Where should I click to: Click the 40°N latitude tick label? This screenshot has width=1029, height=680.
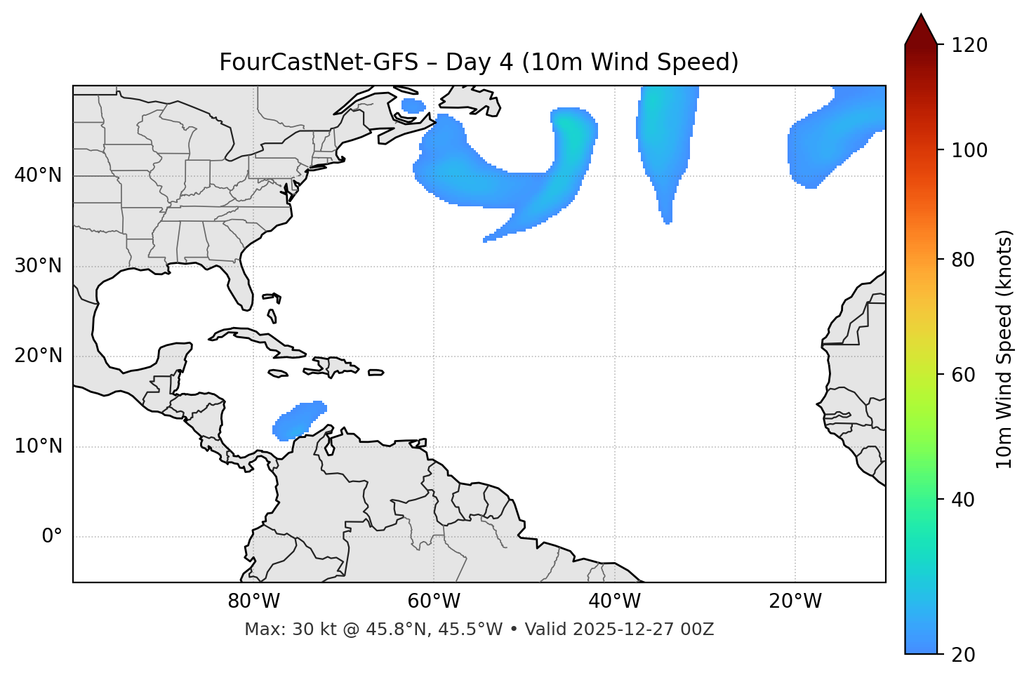click(38, 175)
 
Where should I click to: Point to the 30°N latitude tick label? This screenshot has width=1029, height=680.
click(38, 266)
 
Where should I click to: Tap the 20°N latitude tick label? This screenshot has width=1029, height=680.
click(38, 356)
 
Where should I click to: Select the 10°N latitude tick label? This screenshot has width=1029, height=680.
click(38, 446)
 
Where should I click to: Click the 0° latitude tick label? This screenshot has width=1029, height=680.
click(52, 537)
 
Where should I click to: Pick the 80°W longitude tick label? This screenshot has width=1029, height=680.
click(253, 601)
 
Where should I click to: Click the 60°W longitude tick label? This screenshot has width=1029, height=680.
click(434, 601)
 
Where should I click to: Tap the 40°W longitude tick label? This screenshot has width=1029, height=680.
click(614, 601)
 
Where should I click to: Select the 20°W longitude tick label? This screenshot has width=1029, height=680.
click(795, 601)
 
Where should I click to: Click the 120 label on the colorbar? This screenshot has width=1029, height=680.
click(969, 46)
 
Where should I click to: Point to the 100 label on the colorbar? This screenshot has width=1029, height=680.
click(969, 150)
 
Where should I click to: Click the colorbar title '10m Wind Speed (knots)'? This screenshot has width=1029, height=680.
click(1004, 349)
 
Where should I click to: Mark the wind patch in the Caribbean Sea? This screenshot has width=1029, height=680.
click(299, 421)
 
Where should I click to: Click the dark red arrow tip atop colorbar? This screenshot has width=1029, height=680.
click(921, 28)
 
